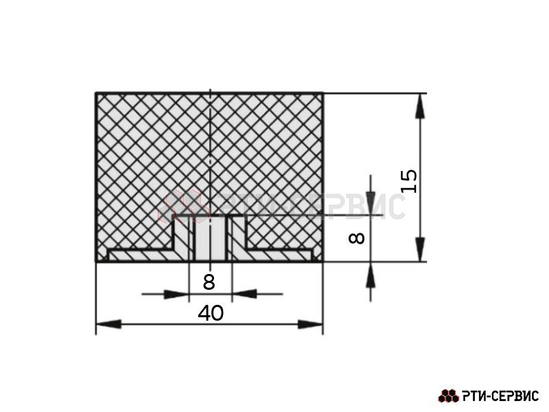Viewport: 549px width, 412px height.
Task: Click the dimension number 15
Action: pyautogui.click(x=409, y=181)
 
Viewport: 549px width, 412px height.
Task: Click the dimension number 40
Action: pyautogui.click(x=211, y=313)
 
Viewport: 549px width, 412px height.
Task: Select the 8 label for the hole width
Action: pyautogui.click(x=209, y=282)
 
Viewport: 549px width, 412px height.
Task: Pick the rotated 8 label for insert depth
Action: pyautogui.click(x=357, y=238)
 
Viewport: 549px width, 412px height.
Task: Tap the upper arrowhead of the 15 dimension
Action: pyautogui.click(x=420, y=106)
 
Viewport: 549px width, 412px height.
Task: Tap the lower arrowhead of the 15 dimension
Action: pyautogui.click(x=420, y=249)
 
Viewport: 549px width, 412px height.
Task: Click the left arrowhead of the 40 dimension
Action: pyautogui.click(x=108, y=324)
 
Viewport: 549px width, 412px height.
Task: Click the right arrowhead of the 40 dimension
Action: pyautogui.click(x=310, y=324)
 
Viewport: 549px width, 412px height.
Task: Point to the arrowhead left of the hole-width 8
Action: pyautogui.click(x=176, y=295)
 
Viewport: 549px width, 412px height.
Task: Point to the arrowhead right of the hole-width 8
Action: pyautogui.click(x=244, y=295)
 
